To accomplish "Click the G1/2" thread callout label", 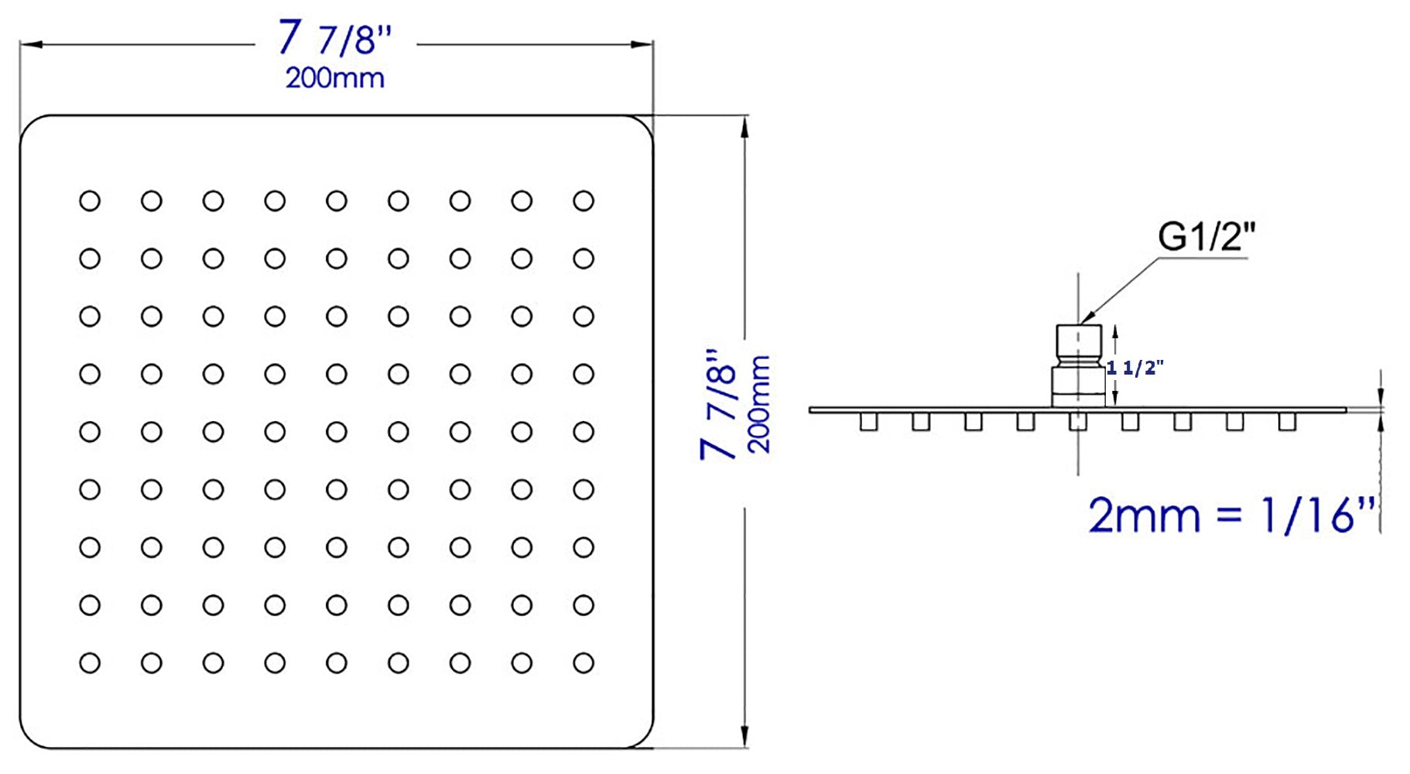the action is pos(1206,236).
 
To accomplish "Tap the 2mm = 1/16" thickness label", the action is pos(1232,515).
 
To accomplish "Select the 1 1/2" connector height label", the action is pos(1135,368).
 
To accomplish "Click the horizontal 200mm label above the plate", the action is pos(335,78).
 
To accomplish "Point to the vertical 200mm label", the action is pos(759,404).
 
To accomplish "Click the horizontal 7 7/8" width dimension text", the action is pos(336,37).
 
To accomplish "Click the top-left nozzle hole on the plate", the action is pos(90,201).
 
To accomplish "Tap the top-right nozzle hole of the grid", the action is pos(584,201).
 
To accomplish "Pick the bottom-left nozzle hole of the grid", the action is pos(90,663).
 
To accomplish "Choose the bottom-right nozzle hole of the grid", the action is pos(584,663).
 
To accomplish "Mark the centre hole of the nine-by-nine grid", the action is pos(337,432).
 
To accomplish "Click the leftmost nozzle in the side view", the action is pos(868,422).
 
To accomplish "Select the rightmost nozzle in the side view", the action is pos(1287,422).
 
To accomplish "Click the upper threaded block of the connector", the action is pos(1079,338).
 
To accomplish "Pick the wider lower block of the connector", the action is pos(1078,387).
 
